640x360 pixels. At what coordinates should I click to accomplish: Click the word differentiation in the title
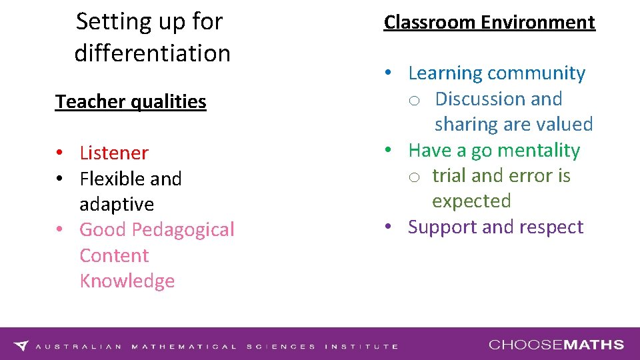(x=152, y=53)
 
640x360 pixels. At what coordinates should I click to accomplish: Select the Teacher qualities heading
(x=131, y=101)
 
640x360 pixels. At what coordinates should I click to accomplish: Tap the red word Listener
(x=114, y=153)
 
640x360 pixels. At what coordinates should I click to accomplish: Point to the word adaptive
(x=117, y=204)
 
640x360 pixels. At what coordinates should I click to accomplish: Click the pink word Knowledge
(x=127, y=281)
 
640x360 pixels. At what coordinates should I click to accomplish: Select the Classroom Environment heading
(x=489, y=22)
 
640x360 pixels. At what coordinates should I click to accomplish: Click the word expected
(x=471, y=201)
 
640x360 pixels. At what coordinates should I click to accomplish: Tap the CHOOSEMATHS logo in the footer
(x=556, y=345)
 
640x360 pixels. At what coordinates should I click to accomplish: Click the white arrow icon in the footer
(x=21, y=345)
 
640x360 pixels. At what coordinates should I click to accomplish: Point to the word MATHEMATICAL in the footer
(x=184, y=347)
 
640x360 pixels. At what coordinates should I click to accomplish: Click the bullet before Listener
(x=60, y=153)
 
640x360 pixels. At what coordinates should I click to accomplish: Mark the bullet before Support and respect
(x=388, y=227)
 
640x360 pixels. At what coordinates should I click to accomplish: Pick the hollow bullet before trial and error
(x=414, y=177)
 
